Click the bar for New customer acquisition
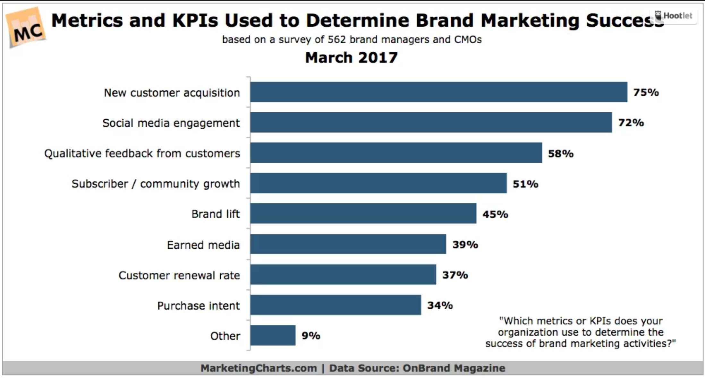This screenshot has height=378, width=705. pos(438,92)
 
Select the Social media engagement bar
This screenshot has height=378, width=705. pos(431,122)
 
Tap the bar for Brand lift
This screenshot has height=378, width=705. pos(363,213)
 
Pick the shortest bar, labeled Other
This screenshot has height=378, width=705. pos(273,335)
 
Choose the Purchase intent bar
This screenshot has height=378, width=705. pos(336,305)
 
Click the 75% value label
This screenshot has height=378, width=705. pos(646,92)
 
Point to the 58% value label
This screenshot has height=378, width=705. pos(560,154)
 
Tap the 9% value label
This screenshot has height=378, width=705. pos(310,336)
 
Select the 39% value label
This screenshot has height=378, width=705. pos(465,245)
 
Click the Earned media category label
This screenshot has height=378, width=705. pos(203,245)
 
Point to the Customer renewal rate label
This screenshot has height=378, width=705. pos(179,275)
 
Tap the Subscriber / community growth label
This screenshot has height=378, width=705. pos(156,184)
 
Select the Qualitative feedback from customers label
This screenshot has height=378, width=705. pos(142,153)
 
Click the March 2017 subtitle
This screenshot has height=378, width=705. pos(351,58)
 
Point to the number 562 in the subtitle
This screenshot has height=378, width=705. pos(336,39)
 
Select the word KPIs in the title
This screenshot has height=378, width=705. pos(195,21)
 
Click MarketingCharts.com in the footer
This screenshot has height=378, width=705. pos(259,368)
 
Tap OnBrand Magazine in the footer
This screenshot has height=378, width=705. pos(454,368)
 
